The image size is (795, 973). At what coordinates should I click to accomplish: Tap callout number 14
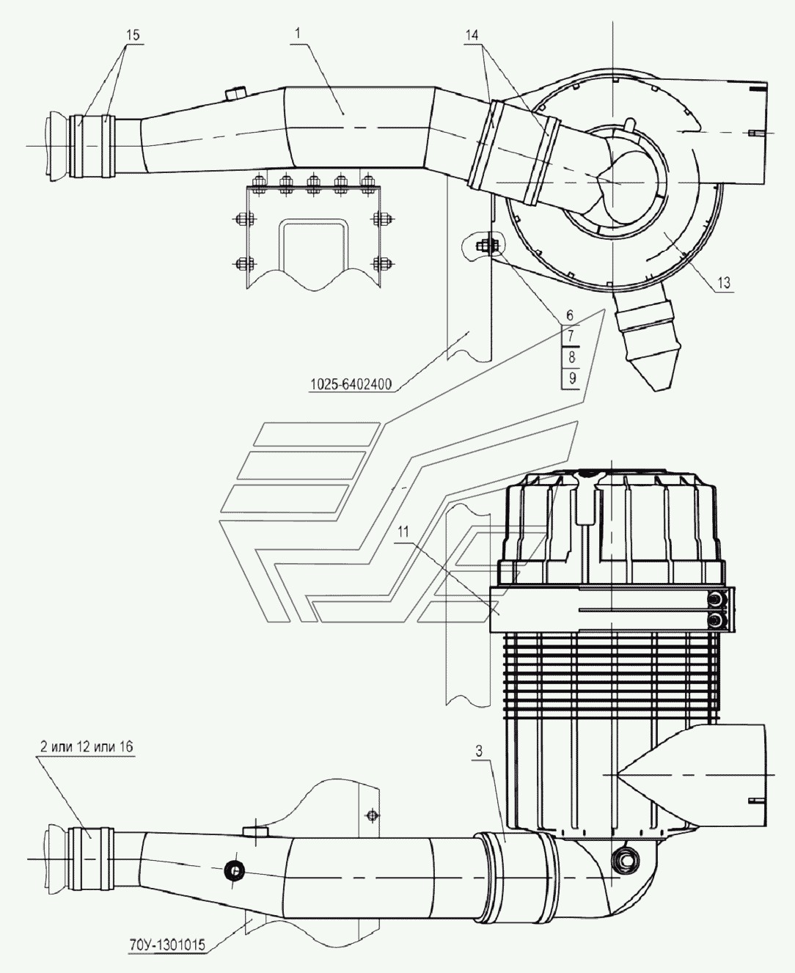tap(472, 34)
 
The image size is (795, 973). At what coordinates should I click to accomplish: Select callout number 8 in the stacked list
tap(571, 358)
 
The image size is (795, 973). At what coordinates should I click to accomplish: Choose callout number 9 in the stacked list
tap(572, 378)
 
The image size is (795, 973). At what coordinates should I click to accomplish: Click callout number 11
tap(403, 534)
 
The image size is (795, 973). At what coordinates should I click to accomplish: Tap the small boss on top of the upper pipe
tap(235, 93)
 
